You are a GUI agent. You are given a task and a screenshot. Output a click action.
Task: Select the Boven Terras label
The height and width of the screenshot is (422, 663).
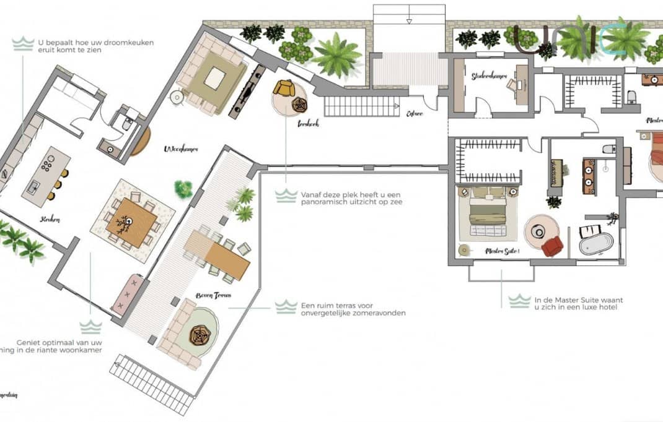point(213,296)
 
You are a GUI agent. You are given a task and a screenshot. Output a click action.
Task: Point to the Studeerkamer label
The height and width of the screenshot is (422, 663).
point(489,76)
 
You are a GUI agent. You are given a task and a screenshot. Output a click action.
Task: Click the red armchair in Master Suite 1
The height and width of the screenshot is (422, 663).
point(551,246)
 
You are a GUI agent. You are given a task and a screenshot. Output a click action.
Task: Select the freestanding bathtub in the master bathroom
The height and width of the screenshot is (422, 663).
point(595,243)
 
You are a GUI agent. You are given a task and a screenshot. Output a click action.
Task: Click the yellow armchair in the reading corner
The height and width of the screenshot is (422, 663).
point(284,88)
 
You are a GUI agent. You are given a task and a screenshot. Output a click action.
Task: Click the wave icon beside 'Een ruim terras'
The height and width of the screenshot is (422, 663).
point(286,307)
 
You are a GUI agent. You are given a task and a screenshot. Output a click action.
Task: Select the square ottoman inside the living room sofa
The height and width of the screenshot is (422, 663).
point(214,78)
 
